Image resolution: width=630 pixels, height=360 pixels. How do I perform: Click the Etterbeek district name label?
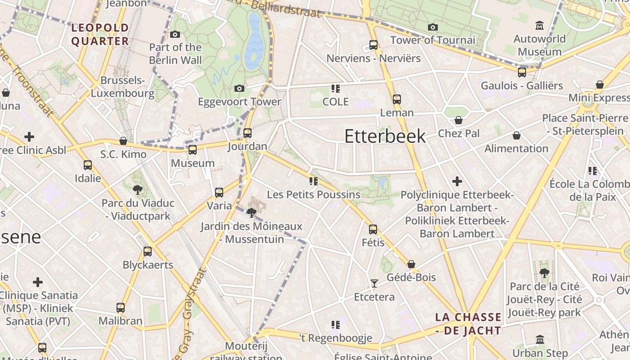(x=385, y=136)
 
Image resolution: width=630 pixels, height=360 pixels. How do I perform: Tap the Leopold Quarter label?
(x=100, y=34)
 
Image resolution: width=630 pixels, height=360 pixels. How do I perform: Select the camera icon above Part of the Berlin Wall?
(x=175, y=34)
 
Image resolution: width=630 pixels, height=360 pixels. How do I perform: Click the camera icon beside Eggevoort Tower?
(x=239, y=88)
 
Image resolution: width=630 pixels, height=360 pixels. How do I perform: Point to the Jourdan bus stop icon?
(x=247, y=133)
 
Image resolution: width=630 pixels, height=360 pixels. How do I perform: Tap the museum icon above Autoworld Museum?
(x=539, y=25)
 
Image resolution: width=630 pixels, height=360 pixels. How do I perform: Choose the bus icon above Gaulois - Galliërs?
(x=522, y=72)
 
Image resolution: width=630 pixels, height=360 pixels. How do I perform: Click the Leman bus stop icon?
(x=396, y=99)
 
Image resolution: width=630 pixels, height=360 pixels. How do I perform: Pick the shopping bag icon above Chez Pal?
(x=458, y=120)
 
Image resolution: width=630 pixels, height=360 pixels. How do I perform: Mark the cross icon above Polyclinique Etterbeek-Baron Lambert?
(x=457, y=181)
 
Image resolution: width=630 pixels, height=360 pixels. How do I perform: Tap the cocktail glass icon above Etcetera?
(x=374, y=283)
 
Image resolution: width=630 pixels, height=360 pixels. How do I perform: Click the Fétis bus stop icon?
(x=373, y=229)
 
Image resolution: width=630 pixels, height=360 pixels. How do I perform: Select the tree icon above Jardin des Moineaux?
(x=252, y=213)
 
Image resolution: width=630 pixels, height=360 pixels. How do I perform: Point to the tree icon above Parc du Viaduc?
(x=138, y=190)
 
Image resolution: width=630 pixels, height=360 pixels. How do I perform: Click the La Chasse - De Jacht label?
(x=468, y=324)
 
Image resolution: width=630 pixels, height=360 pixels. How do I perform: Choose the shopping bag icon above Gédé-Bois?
(x=411, y=264)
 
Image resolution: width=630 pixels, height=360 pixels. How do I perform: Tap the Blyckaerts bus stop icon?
(x=148, y=252)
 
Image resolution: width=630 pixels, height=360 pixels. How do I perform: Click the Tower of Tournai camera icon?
(x=433, y=27)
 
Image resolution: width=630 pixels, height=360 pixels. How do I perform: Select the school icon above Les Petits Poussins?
(x=313, y=181)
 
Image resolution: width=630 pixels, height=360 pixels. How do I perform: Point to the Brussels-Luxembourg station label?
(x=123, y=87)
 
